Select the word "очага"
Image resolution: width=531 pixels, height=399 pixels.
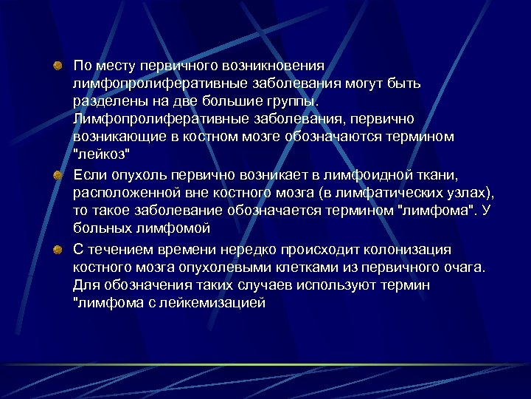pos(466,266)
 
